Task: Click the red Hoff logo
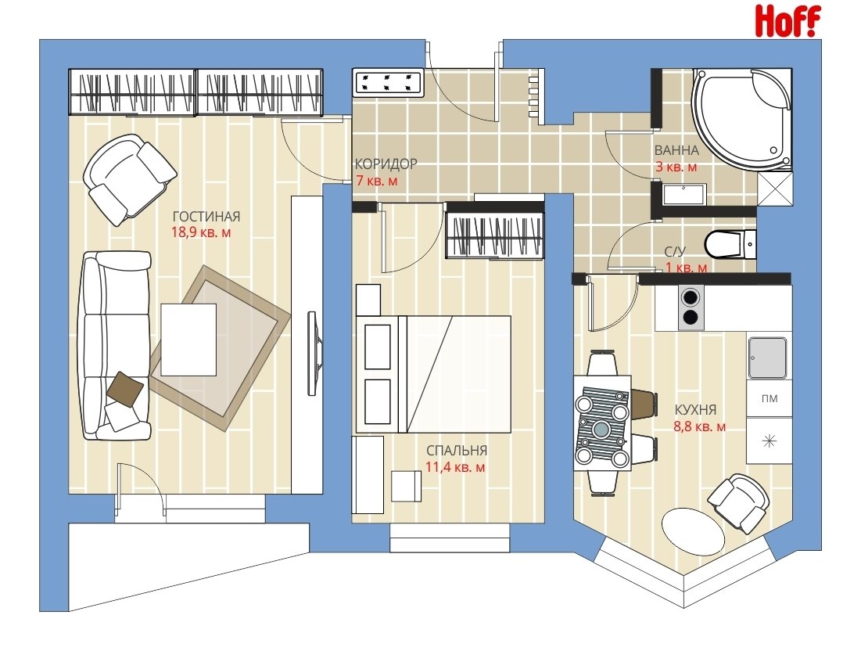point(787,21)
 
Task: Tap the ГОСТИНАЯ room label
point(206,217)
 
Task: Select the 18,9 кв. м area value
point(201,232)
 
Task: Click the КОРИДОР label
point(386,164)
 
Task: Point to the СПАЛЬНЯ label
point(457,451)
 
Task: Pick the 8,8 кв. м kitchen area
point(700,426)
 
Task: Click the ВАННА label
point(676,150)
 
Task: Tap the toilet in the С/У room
point(730,244)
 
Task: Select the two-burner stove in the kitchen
point(691,308)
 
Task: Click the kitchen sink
point(768,358)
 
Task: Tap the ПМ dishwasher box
point(770,399)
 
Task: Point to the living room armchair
point(129,179)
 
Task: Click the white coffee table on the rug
point(189,340)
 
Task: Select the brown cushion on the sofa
point(126,389)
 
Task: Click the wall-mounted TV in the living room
point(312,354)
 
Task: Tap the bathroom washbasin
point(683,195)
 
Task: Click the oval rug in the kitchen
point(694,532)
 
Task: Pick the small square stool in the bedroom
point(407,486)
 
